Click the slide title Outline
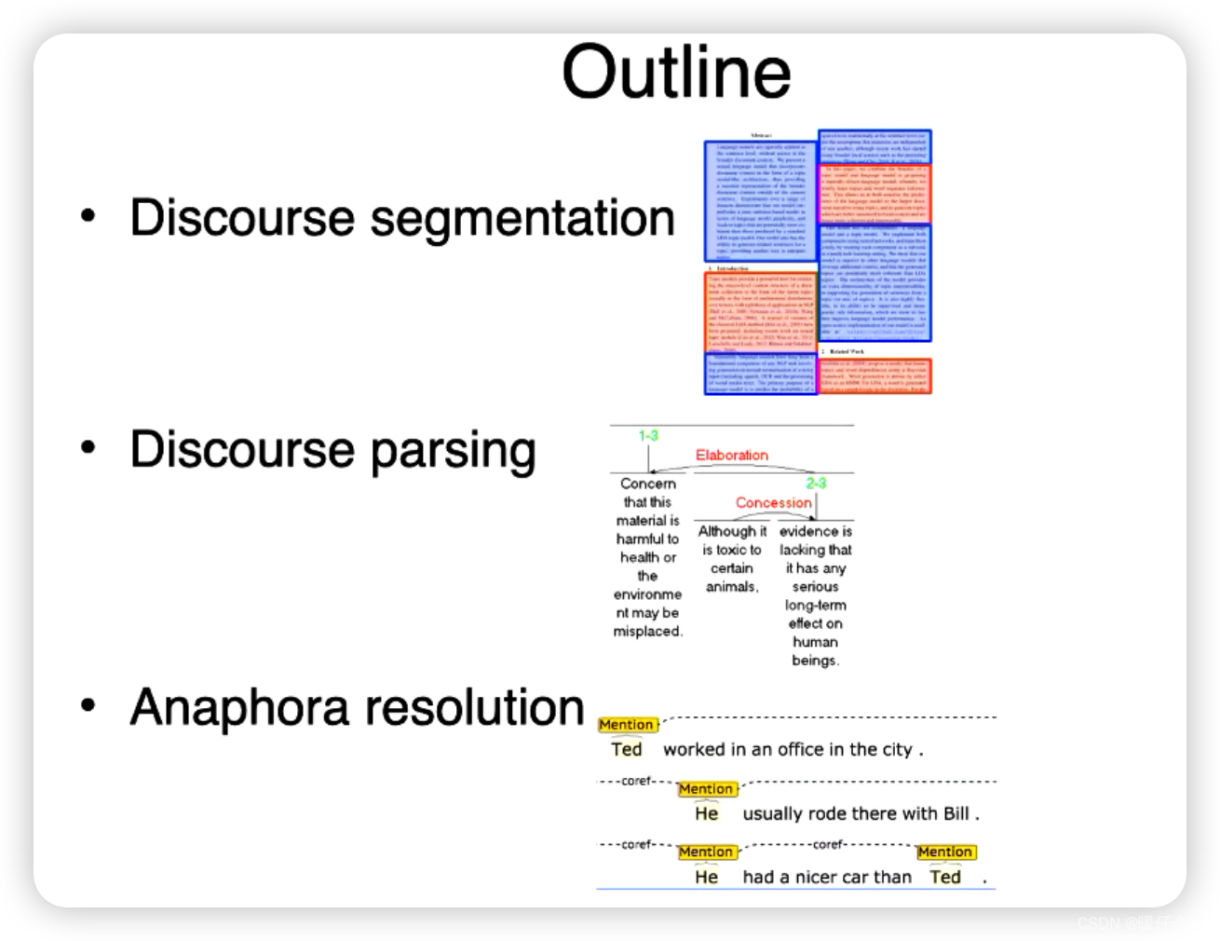point(676,72)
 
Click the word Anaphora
point(240,707)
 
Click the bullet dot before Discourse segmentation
point(88,216)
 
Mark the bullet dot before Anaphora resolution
point(88,705)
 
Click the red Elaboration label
point(732,455)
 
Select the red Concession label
point(773,502)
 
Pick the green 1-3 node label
point(648,435)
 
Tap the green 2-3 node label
point(816,483)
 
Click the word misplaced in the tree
point(647,632)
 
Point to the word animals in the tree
point(732,587)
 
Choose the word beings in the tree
point(815,661)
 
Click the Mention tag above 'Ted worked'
point(627,725)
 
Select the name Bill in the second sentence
point(956,813)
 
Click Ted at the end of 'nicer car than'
point(945,877)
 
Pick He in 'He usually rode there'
point(707,813)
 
